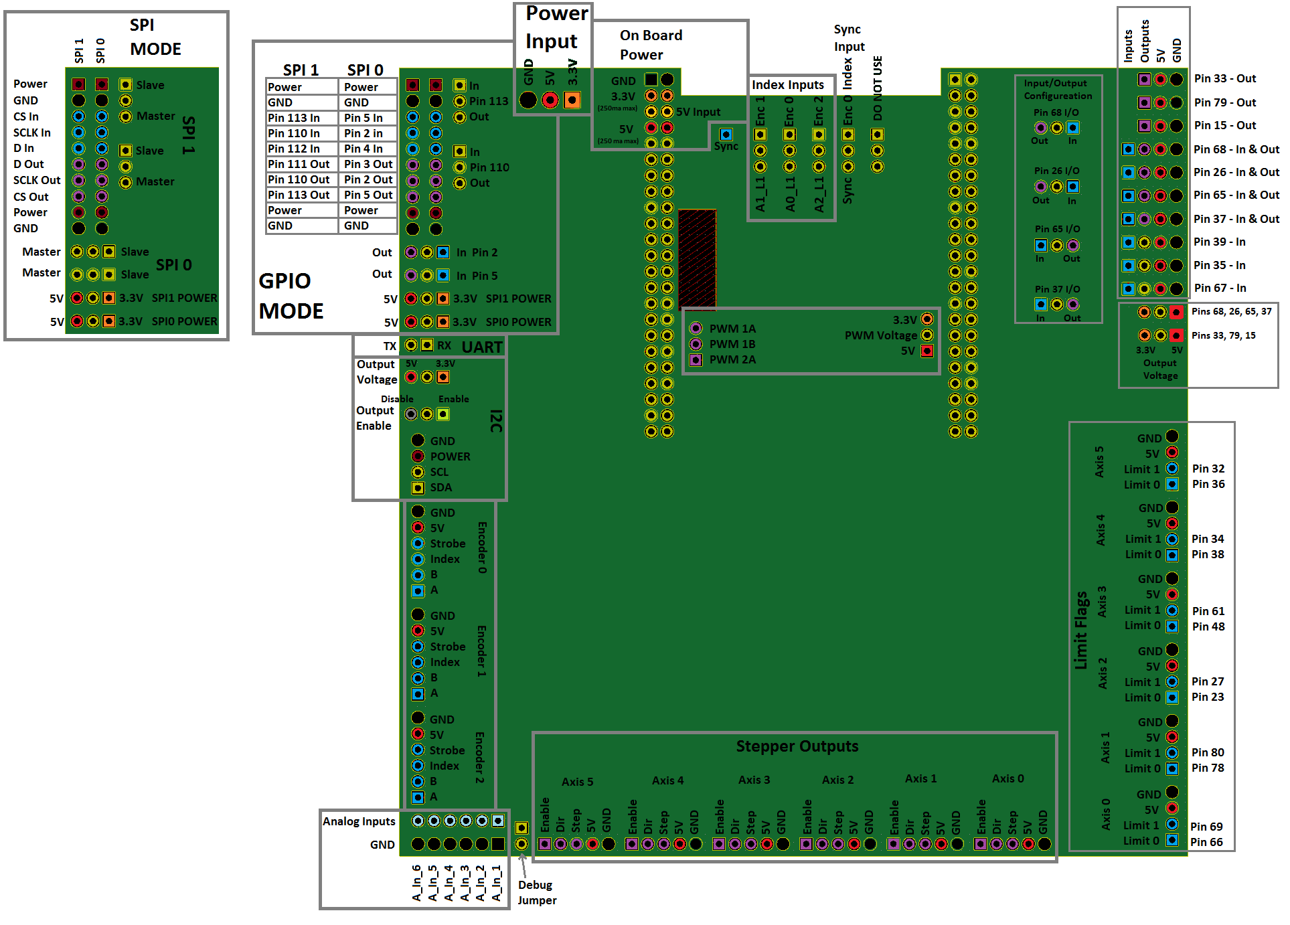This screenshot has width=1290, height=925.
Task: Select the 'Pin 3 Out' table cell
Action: (368, 164)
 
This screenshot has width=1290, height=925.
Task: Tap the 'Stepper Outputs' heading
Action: (797, 746)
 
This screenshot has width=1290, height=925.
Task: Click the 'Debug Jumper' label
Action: (536, 893)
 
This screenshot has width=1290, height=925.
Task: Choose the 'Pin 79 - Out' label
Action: (1224, 102)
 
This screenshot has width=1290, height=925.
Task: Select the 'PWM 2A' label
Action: (732, 359)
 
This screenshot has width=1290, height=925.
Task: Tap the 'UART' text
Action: (482, 347)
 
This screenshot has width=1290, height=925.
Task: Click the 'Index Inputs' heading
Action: (787, 85)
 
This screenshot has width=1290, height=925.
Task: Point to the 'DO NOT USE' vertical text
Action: (878, 88)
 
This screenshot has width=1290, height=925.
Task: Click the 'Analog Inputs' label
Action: (359, 821)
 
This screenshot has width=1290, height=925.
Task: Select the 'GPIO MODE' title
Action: (291, 296)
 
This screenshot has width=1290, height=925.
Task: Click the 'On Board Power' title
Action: (651, 45)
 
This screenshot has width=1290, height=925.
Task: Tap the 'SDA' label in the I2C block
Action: (440, 487)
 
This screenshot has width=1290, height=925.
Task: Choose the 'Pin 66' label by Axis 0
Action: (1206, 842)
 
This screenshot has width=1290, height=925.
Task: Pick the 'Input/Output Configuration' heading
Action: (1057, 90)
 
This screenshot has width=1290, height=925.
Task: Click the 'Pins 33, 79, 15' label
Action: (1223, 335)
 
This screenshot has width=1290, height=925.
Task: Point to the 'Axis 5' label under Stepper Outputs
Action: (577, 782)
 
